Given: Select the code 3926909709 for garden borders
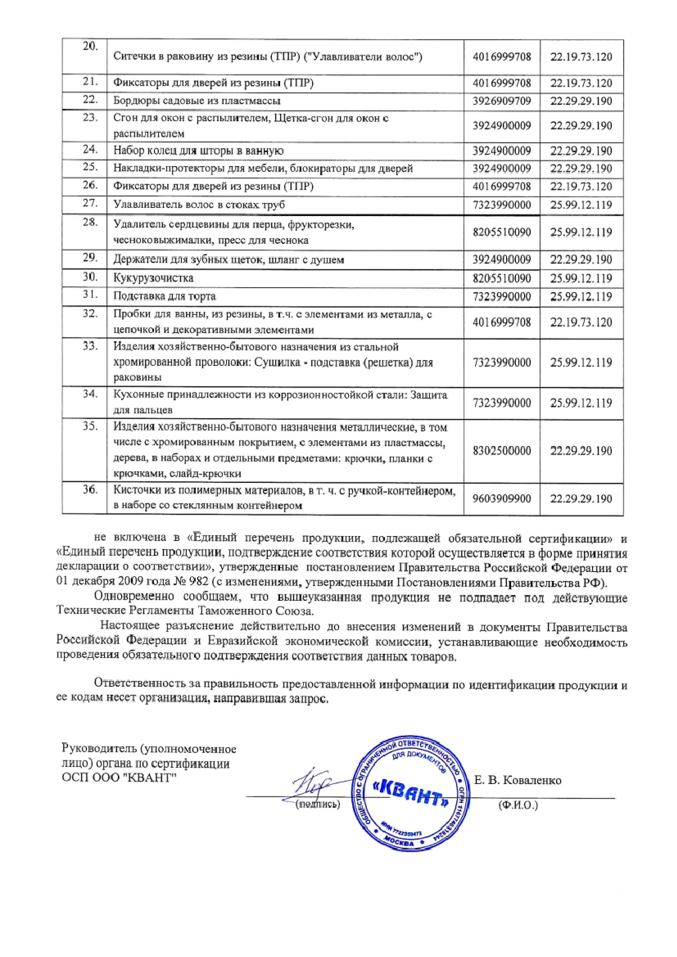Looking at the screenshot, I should [x=501, y=101].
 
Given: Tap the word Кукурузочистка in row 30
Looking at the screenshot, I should [x=153, y=278].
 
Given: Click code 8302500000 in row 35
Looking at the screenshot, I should [x=501, y=451].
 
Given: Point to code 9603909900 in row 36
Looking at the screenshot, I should [x=501, y=498].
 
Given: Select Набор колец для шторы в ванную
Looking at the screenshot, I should [x=198, y=151].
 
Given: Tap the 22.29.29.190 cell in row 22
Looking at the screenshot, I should [x=581, y=101].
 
